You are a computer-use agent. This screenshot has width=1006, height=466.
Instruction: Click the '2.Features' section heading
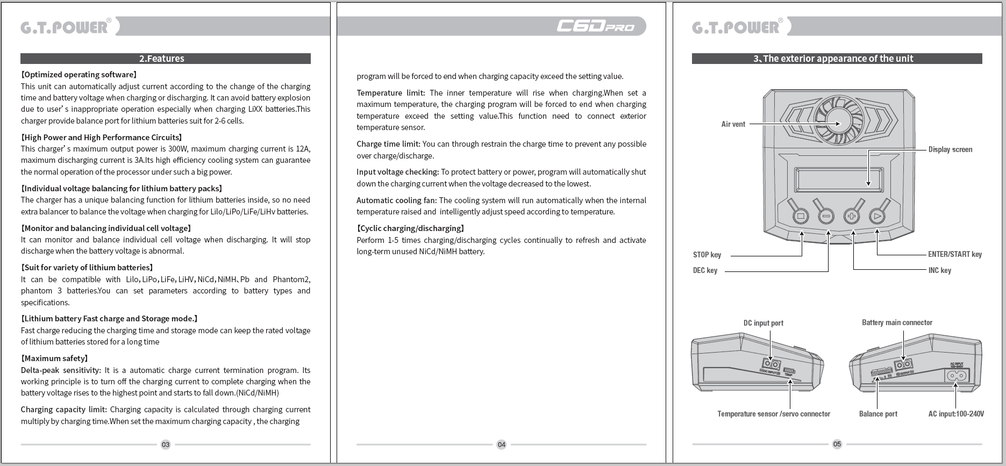pyautogui.click(x=162, y=59)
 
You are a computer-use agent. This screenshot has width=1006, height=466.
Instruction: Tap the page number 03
pyautogui.click(x=166, y=445)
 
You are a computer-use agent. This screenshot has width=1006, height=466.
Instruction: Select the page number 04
pyautogui.click(x=501, y=445)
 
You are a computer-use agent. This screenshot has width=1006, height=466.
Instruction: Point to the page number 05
pyautogui.click(x=837, y=444)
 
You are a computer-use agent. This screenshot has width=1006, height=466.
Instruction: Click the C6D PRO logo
pyautogui.click(x=595, y=26)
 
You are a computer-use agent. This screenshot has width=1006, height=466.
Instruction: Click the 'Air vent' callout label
pyautogui.click(x=733, y=124)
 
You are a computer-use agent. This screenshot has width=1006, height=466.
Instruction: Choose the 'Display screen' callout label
pyautogui.click(x=950, y=149)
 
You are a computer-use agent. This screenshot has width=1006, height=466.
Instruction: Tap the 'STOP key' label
pyautogui.click(x=707, y=255)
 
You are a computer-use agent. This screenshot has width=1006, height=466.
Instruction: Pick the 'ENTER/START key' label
pyautogui.click(x=954, y=254)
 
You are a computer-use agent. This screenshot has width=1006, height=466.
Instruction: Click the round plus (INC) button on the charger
pyautogui.click(x=852, y=217)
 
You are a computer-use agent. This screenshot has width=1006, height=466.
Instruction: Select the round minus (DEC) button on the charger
pyautogui.click(x=826, y=217)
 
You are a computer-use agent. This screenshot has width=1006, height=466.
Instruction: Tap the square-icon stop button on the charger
pyautogui.click(x=801, y=217)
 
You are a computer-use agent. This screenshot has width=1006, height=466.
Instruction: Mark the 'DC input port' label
pyautogui.click(x=763, y=323)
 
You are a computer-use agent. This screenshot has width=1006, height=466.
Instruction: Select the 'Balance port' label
pyautogui.click(x=877, y=414)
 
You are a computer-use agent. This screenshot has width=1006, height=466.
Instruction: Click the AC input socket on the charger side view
pyautogui.click(x=958, y=376)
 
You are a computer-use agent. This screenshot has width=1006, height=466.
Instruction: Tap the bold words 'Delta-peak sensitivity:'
pyautogui.click(x=61, y=370)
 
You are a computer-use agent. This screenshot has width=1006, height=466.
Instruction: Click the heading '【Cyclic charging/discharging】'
pyautogui.click(x=410, y=228)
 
